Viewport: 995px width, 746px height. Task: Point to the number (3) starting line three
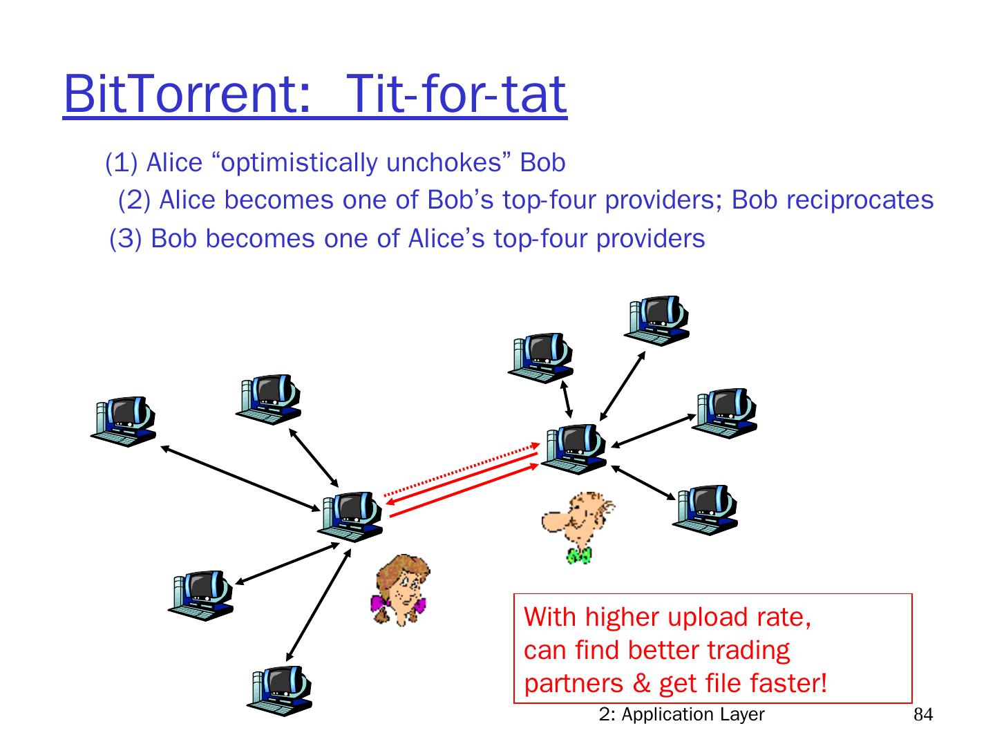126,238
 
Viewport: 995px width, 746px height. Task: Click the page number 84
923,715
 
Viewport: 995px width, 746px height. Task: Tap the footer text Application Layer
693,714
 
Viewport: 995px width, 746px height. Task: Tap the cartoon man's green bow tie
578,554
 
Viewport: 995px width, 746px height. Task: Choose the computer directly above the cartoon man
574,448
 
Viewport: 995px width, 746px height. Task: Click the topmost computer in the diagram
657,321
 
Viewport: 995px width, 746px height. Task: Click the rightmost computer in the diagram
726,412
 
